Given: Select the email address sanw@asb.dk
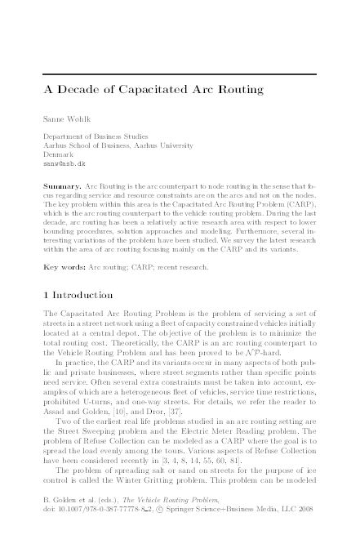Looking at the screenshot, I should click(63, 163).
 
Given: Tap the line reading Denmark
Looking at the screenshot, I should click(56, 154).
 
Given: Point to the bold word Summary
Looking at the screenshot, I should click(62, 186).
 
